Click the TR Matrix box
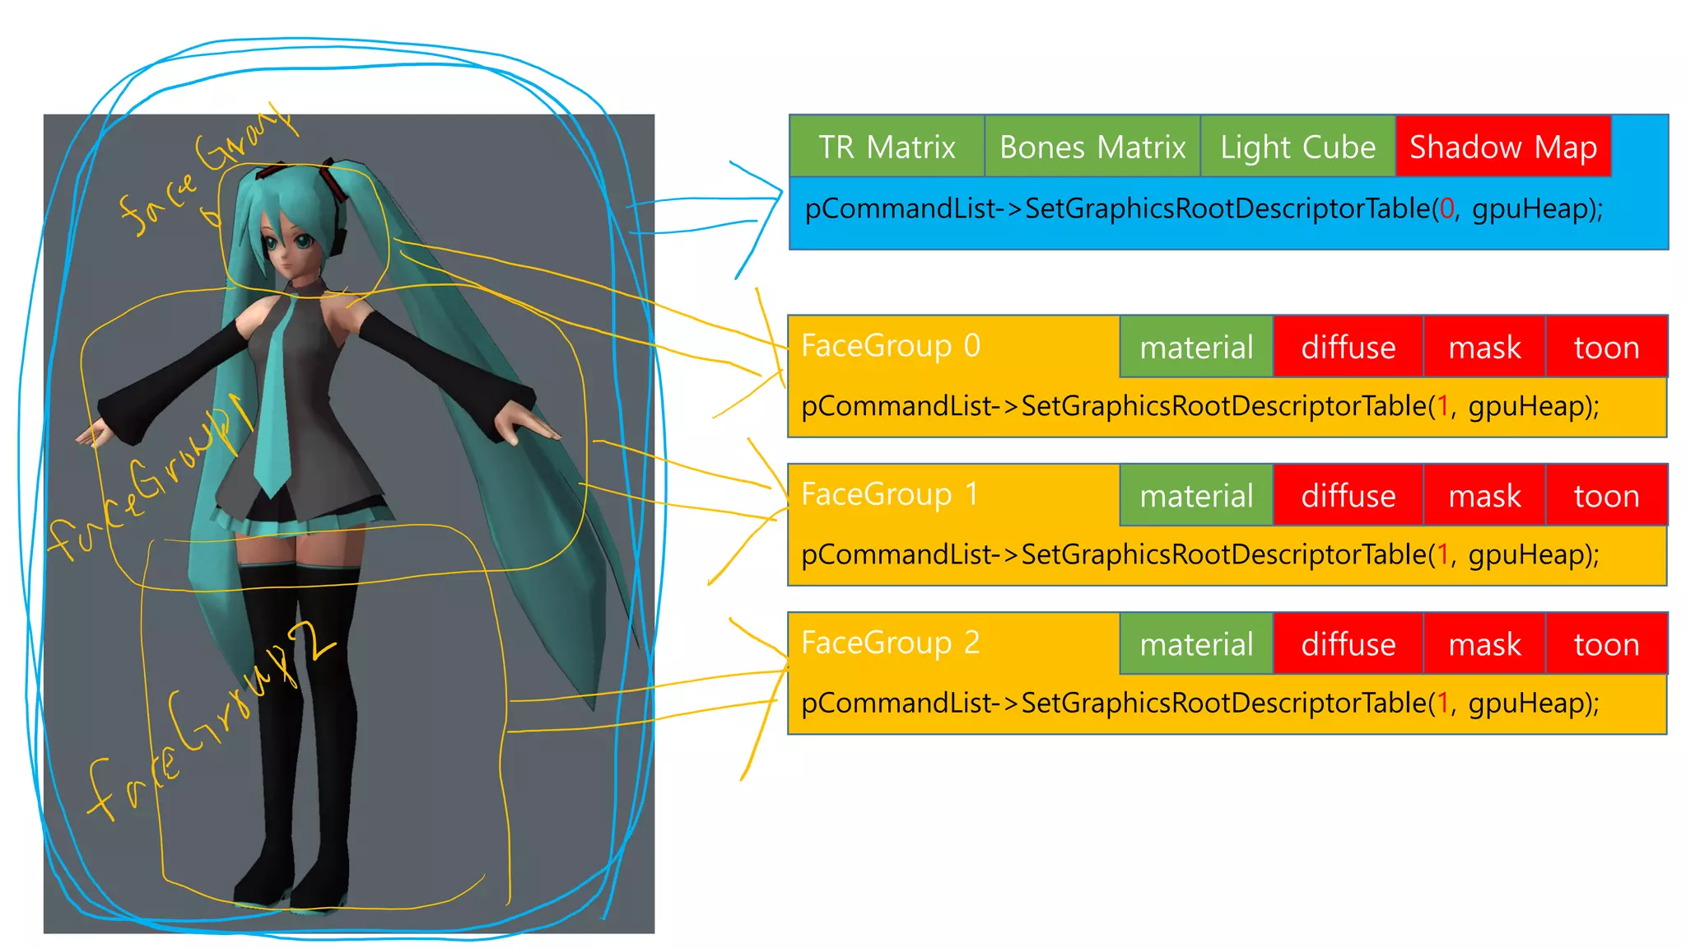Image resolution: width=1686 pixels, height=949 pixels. pyautogui.click(x=887, y=147)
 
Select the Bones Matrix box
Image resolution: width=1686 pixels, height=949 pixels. pyautogui.click(x=1092, y=147)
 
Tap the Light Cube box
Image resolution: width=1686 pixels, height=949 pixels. pyautogui.click(x=1297, y=147)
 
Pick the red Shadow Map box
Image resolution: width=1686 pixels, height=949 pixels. pyautogui.click(x=1503, y=147)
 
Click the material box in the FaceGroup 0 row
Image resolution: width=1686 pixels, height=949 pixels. pyautogui.click(x=1196, y=347)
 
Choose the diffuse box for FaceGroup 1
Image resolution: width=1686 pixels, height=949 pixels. pyautogui.click(x=1348, y=495)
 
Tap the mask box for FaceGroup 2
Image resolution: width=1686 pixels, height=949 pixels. pyautogui.click(x=1484, y=643)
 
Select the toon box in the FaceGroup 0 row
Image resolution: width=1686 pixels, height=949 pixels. pyautogui.click(x=1606, y=347)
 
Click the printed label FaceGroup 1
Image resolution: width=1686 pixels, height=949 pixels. pyautogui.click(x=890, y=494)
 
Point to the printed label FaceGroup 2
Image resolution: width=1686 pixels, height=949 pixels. pyautogui.click(x=890, y=643)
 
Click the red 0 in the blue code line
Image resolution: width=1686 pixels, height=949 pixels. pyautogui.click(x=1446, y=208)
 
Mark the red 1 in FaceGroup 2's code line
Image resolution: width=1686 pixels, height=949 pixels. pyautogui.click(x=1442, y=703)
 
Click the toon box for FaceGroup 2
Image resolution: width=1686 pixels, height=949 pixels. pyautogui.click(x=1606, y=643)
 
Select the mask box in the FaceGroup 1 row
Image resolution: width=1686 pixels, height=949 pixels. pyautogui.click(x=1484, y=495)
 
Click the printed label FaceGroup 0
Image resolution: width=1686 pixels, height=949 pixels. pyautogui.click(x=890, y=346)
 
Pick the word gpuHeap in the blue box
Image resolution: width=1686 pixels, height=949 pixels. pyautogui.click(x=1530, y=208)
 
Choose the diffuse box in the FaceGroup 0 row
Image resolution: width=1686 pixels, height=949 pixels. pyautogui.click(x=1348, y=347)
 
